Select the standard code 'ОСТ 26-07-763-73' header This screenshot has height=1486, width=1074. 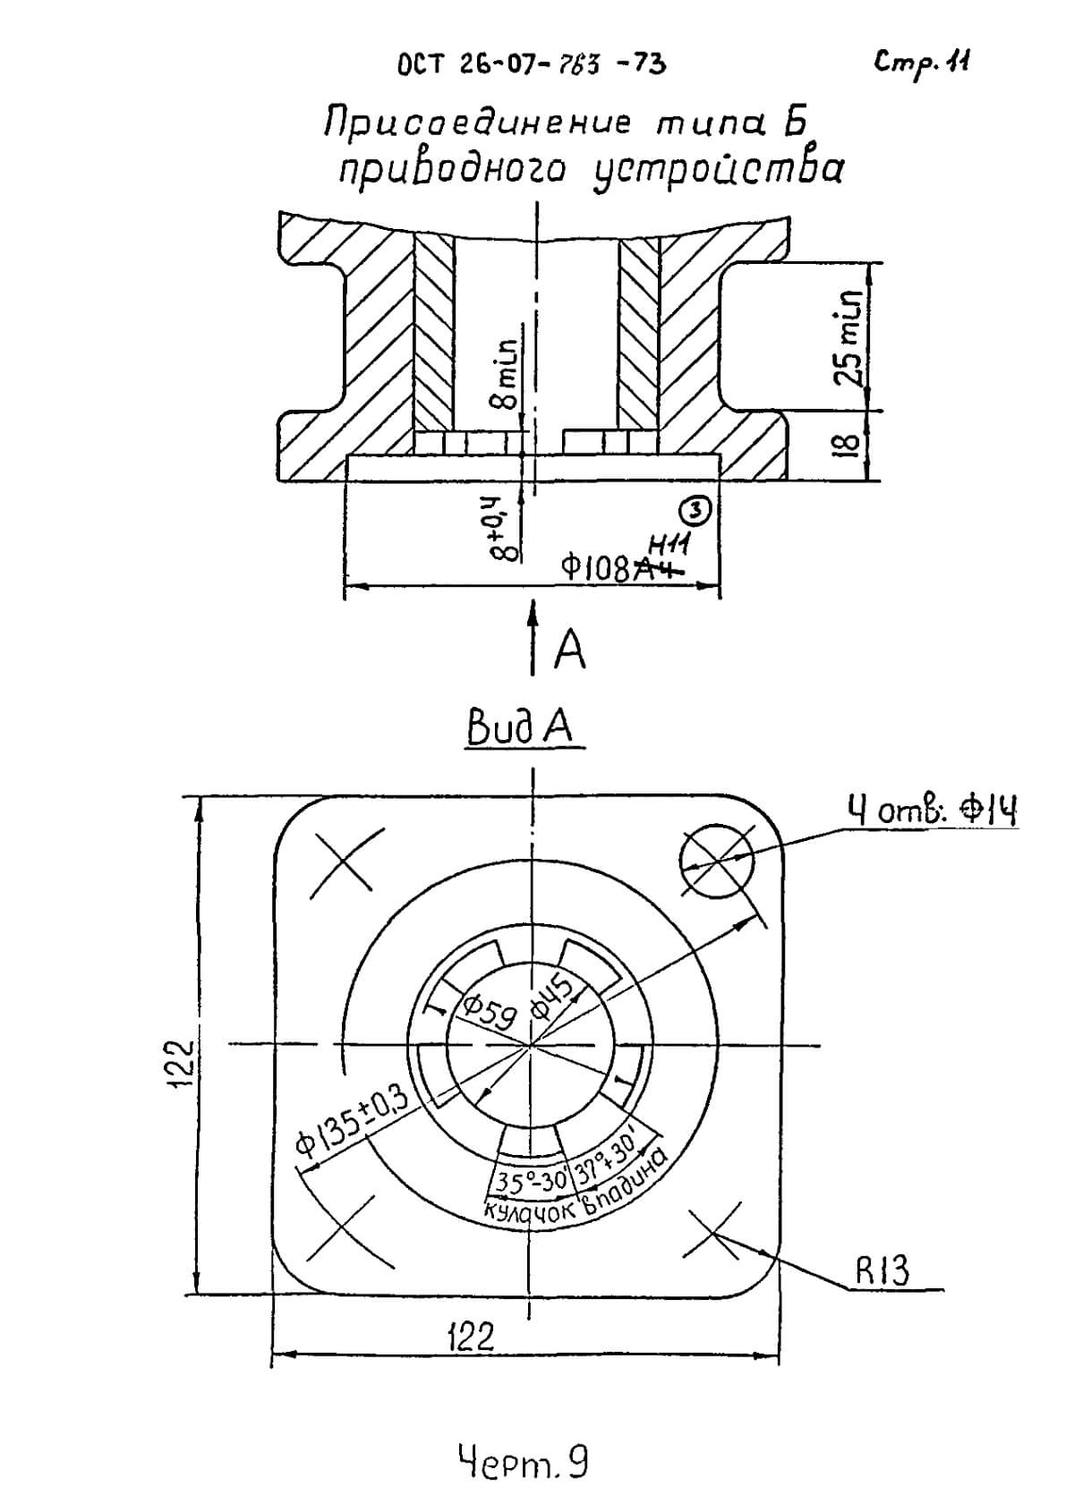coord(531,64)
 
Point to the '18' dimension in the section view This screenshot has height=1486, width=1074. coord(852,445)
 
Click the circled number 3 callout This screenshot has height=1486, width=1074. coord(696,510)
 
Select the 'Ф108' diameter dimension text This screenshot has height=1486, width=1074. coord(598,567)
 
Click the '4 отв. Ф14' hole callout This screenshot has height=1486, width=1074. coord(932,812)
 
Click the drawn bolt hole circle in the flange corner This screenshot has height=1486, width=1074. coord(716,862)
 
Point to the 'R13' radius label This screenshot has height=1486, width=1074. coord(882,1269)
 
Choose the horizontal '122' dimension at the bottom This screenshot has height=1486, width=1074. coord(471,1337)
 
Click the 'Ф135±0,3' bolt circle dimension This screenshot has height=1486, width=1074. coord(353,1118)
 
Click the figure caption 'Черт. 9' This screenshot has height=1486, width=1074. coord(524,1438)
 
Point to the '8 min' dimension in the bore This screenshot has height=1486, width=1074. coord(508,374)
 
